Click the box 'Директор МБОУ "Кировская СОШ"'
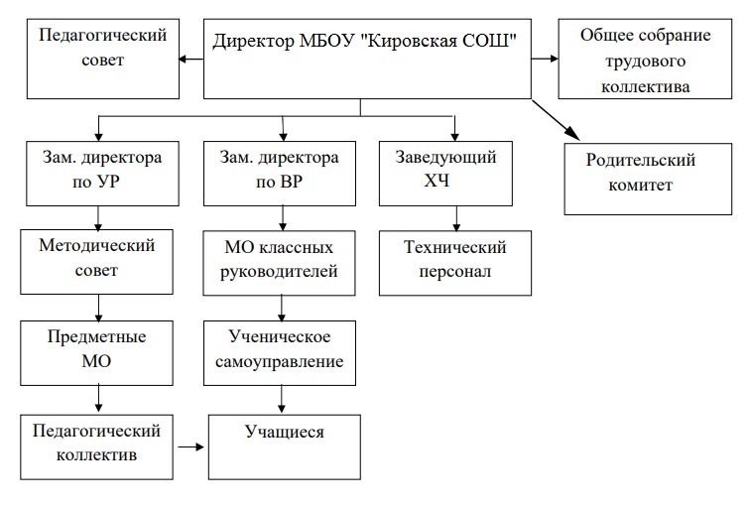[365, 60]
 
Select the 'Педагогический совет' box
[102, 60]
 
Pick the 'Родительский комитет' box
[641, 180]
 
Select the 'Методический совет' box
[97, 259]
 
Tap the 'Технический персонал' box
[456, 260]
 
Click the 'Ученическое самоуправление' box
[280, 349]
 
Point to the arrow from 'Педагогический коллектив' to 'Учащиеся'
[190, 447]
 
